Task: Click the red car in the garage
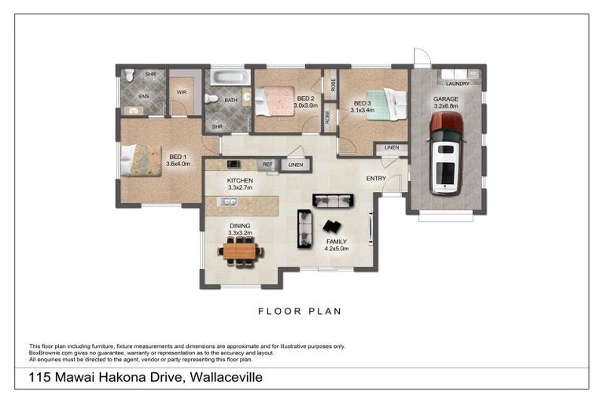[446, 153]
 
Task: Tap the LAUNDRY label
[457, 83]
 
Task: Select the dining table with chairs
[241, 252]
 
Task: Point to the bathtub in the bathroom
[229, 79]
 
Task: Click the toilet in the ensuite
[129, 76]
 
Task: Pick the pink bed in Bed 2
[277, 101]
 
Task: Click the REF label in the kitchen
[267, 165]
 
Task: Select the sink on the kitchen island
[228, 202]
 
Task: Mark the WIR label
[181, 92]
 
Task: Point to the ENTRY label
[376, 179]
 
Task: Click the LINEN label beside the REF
[295, 165]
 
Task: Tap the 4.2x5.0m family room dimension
[337, 249]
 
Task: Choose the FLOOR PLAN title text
[300, 311]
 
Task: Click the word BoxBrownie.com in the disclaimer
[50, 353]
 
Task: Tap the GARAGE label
[445, 99]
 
